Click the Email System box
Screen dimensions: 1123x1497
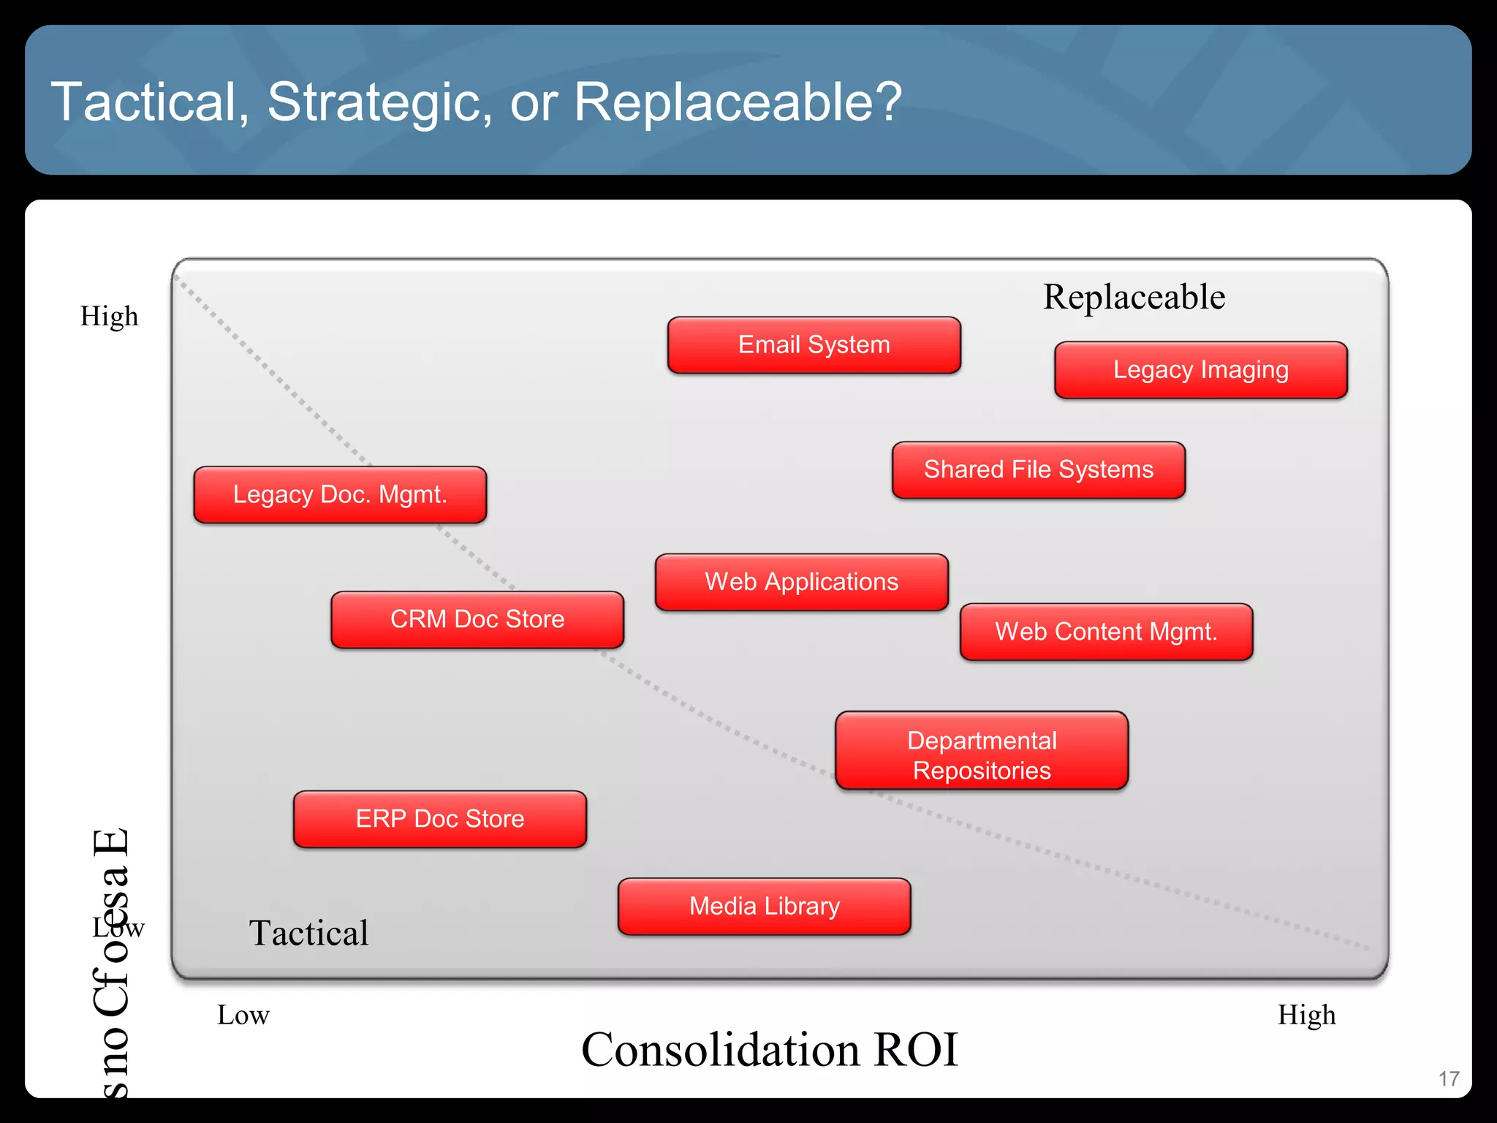pos(814,345)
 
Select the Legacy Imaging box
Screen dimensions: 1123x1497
pos(1200,370)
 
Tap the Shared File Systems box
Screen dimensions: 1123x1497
pos(1038,470)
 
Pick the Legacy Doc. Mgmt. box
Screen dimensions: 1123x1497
pos(340,495)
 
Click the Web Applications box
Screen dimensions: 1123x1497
pos(801,582)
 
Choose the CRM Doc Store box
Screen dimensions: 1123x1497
pos(477,619)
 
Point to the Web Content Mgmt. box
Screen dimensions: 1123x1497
pos(1106,632)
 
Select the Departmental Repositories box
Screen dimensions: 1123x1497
pos(982,751)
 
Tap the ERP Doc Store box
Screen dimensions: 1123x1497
pos(439,819)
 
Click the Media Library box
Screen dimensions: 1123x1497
pos(764,907)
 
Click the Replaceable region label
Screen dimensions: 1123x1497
pos(1134,298)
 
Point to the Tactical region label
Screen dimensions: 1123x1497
pos(308,934)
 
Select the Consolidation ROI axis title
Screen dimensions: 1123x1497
pos(769,1050)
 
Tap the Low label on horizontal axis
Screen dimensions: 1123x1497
pos(243,1016)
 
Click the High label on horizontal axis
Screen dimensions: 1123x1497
pos(1306,1016)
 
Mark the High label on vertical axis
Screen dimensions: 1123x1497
pos(109,317)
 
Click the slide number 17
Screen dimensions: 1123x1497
pos(1449,1078)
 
